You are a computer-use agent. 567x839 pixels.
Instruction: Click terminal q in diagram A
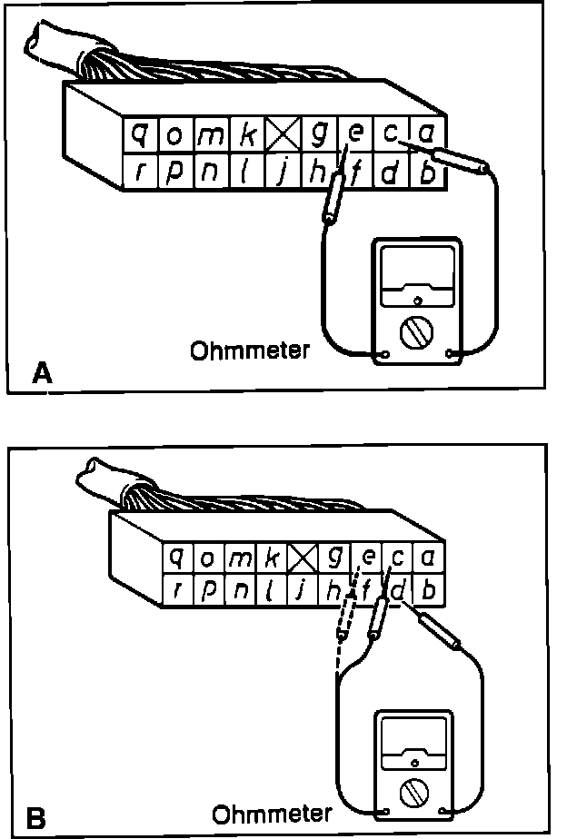pyautogui.click(x=140, y=135)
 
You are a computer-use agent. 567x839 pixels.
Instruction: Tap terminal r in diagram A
pyautogui.click(x=141, y=172)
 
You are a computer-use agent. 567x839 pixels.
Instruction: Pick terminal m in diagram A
pyautogui.click(x=210, y=136)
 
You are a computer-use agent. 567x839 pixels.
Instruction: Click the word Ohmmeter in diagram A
pyautogui.click(x=250, y=350)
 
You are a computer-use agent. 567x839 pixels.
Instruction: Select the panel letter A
pyautogui.click(x=39, y=372)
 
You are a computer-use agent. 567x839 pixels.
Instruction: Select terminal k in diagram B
pyautogui.click(x=270, y=555)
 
